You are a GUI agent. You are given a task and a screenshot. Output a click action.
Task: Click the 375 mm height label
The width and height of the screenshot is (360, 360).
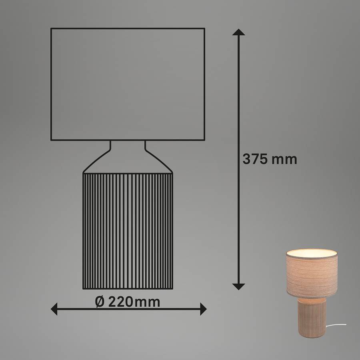tap(270, 159)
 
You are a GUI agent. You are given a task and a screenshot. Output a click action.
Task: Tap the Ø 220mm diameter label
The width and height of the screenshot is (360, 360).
tap(128, 302)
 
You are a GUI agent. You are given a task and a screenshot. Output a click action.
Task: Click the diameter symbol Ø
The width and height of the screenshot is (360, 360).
tap(100, 302)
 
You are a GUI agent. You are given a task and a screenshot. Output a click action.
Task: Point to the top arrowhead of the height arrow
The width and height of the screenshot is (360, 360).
tap(238, 32)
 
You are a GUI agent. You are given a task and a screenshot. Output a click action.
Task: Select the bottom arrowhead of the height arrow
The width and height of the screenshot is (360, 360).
tap(238, 286)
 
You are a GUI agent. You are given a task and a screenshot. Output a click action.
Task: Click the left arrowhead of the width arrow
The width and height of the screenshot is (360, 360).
tap(54, 309)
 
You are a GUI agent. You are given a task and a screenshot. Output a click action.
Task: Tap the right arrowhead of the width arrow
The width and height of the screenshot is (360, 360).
tap(203, 309)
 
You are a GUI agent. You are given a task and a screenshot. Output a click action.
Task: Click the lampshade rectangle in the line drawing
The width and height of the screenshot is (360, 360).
tap(128, 28)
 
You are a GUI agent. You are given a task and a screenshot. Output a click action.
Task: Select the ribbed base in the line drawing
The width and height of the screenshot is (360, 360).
tap(128, 231)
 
